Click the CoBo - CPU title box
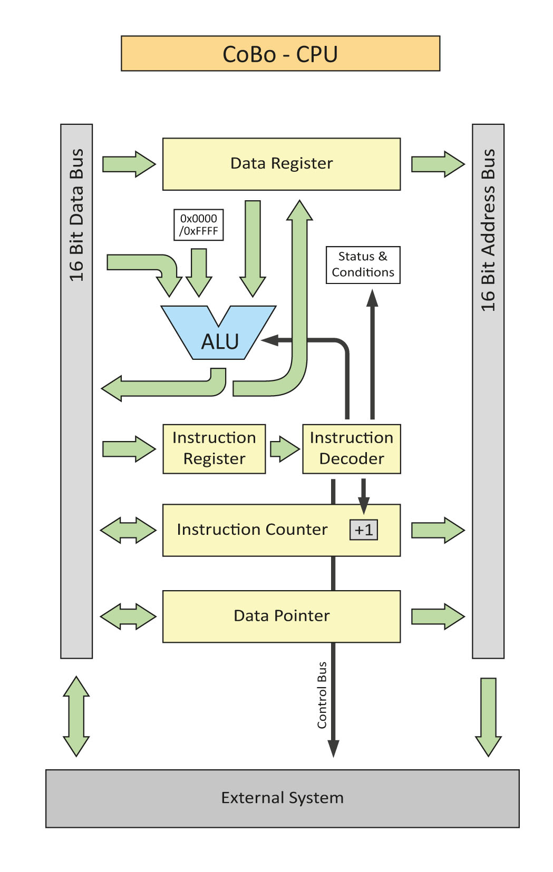point(280,54)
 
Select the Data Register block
point(282,164)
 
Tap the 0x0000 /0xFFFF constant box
point(199,225)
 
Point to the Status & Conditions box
point(363,265)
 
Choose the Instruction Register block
point(214,449)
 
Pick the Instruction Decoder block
point(352,449)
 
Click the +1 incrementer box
point(364,530)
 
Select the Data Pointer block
point(282,616)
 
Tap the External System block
point(282,798)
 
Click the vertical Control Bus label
point(322,695)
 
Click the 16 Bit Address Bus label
point(488,230)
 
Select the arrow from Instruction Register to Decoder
point(284,449)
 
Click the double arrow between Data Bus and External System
point(76,717)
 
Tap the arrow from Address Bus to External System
point(488,717)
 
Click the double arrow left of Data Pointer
point(128,616)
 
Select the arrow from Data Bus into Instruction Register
point(129,449)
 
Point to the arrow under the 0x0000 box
point(199,272)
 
